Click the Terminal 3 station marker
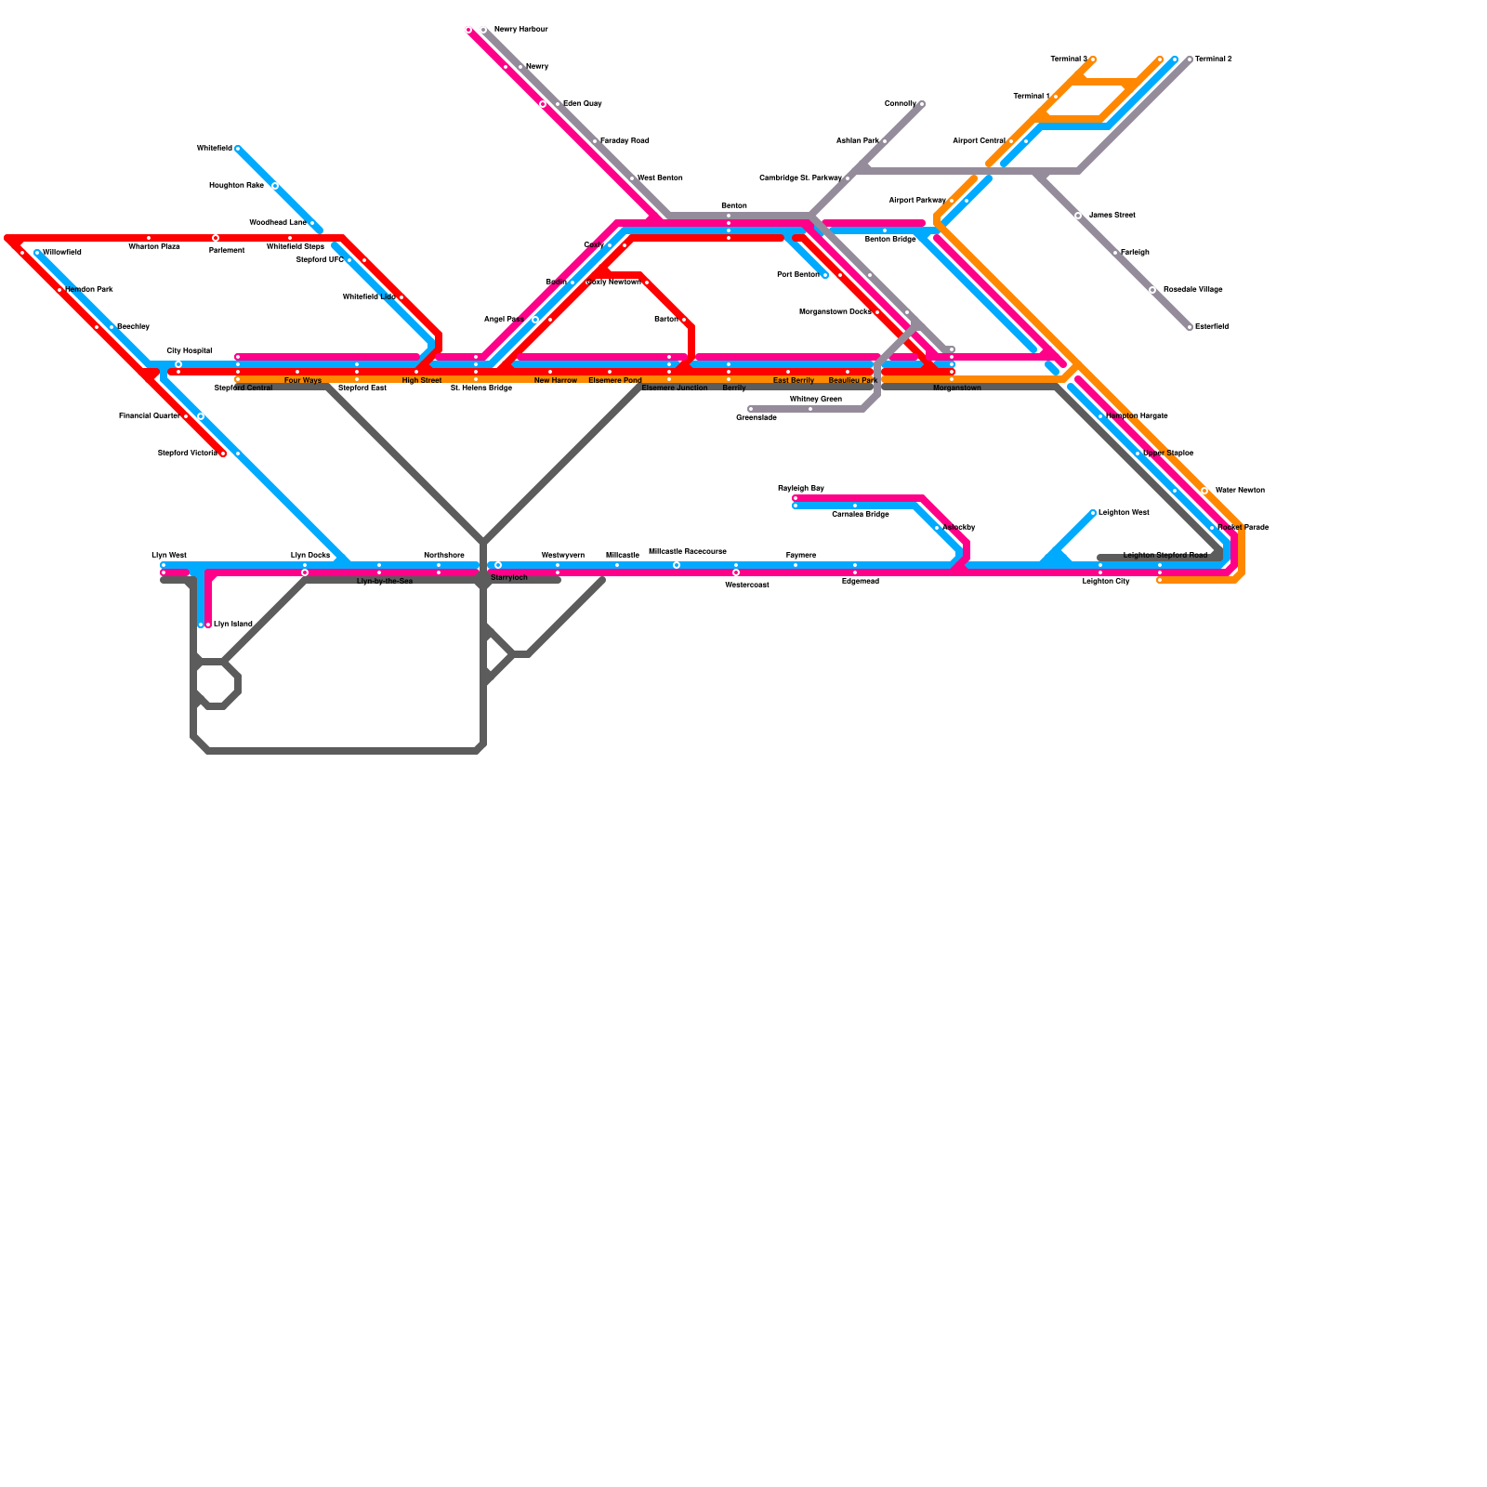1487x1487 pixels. click(1093, 59)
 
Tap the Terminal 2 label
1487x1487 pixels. click(1213, 59)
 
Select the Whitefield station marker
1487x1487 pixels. click(238, 149)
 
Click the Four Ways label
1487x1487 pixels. click(303, 381)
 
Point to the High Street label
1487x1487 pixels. click(422, 381)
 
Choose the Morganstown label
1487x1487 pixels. click(957, 388)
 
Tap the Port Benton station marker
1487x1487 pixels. click(825, 275)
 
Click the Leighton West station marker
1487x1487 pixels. click(1093, 513)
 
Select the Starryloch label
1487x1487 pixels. click(509, 578)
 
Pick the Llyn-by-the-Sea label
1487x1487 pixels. click(385, 582)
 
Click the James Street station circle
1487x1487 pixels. click(1078, 216)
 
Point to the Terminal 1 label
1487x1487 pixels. click(1031, 97)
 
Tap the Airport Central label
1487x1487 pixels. click(979, 141)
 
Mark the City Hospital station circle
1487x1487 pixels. click(178, 364)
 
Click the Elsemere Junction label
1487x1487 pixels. click(675, 388)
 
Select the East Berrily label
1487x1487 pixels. click(794, 381)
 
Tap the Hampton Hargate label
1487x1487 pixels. click(1137, 416)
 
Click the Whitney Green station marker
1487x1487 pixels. click(810, 409)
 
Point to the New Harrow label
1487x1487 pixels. click(556, 381)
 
